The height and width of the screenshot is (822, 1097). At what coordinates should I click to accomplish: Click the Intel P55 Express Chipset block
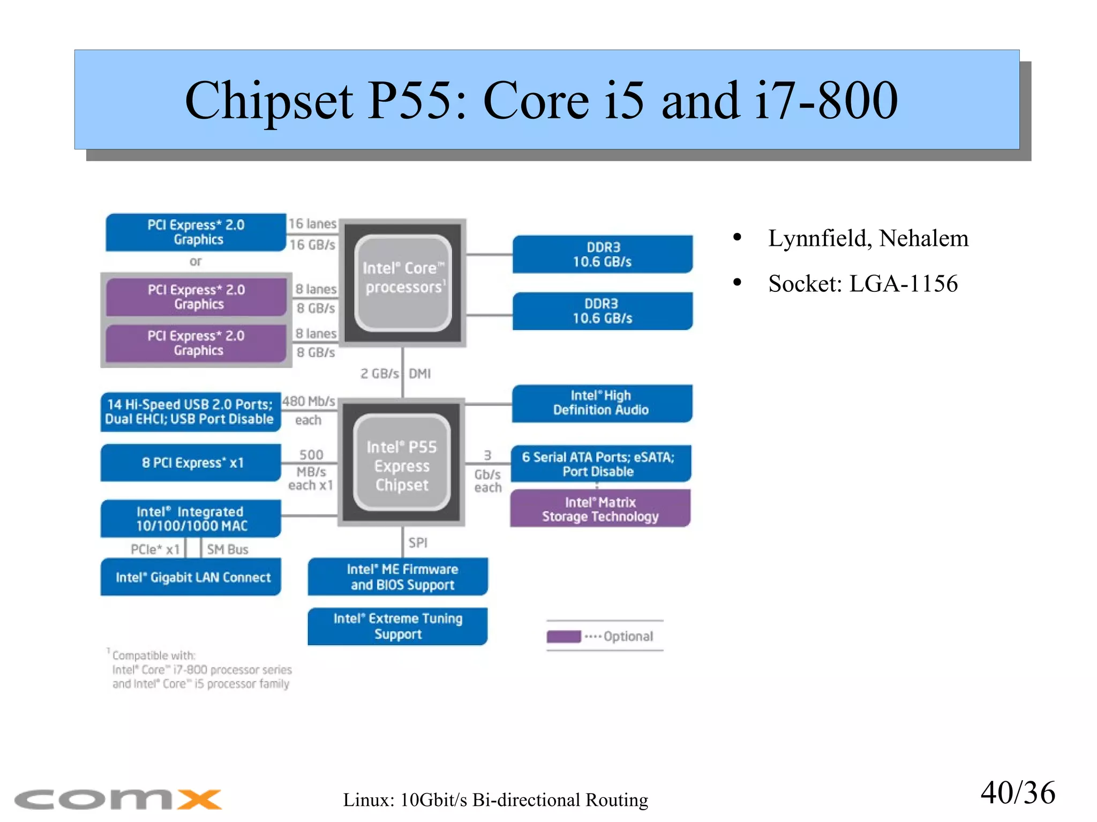pyautogui.click(x=401, y=462)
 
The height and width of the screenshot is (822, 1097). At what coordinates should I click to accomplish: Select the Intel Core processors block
pyautogui.click(x=403, y=282)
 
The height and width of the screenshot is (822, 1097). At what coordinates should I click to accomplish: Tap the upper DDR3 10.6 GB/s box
pyautogui.click(x=602, y=254)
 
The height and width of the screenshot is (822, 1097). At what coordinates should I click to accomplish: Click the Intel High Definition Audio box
pyautogui.click(x=601, y=403)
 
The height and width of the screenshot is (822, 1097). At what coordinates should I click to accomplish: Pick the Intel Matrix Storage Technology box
pyautogui.click(x=600, y=509)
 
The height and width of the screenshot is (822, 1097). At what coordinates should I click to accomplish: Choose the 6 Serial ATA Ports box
pyautogui.click(x=600, y=464)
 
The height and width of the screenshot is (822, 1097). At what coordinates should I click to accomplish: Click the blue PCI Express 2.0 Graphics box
pyautogui.click(x=196, y=232)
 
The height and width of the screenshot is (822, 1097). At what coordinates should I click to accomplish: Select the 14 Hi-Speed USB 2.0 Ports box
pyautogui.click(x=190, y=412)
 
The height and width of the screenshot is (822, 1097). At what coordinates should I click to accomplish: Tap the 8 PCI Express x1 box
pyautogui.click(x=191, y=463)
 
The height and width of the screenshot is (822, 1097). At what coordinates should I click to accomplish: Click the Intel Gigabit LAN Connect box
pyautogui.click(x=191, y=577)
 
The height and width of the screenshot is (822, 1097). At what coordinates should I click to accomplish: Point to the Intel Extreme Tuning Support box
pyautogui.click(x=397, y=626)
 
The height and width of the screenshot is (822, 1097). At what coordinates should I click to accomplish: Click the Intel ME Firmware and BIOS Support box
pyautogui.click(x=397, y=577)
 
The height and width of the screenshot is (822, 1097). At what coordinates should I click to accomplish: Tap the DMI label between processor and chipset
pyautogui.click(x=419, y=373)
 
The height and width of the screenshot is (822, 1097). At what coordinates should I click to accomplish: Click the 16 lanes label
pyautogui.click(x=312, y=224)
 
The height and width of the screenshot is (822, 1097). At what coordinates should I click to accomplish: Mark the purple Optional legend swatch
pyautogui.click(x=563, y=636)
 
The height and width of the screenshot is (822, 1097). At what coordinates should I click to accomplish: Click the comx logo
pyautogui.click(x=118, y=799)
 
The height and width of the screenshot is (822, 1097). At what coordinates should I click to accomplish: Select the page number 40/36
pyautogui.click(x=1017, y=793)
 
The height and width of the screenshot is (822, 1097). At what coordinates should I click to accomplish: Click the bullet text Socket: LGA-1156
pyautogui.click(x=862, y=283)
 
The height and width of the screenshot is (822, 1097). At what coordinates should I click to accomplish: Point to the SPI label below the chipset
pyautogui.click(x=418, y=542)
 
